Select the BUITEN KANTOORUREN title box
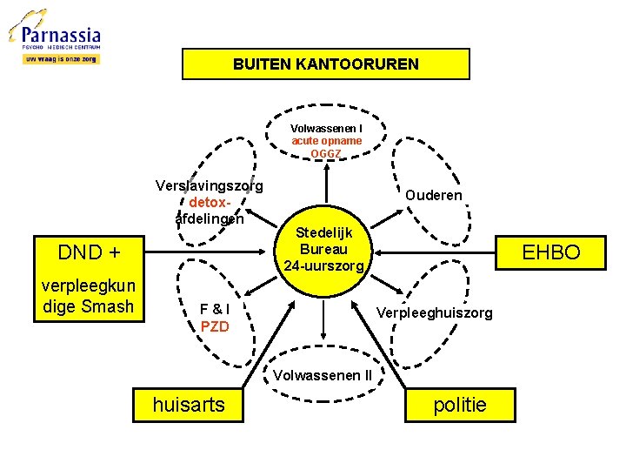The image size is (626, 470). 325,64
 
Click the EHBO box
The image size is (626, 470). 549,252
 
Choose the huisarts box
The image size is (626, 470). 189,404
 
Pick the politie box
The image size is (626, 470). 460,404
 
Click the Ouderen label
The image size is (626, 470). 433,195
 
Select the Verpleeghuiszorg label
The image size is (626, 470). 434,312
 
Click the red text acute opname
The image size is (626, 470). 326,141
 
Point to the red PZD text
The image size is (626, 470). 215,327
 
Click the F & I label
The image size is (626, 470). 215,309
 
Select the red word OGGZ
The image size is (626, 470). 326,154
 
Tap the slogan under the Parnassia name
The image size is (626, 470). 61,59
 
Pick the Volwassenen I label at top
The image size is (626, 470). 326,129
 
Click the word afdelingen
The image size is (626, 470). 209,218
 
